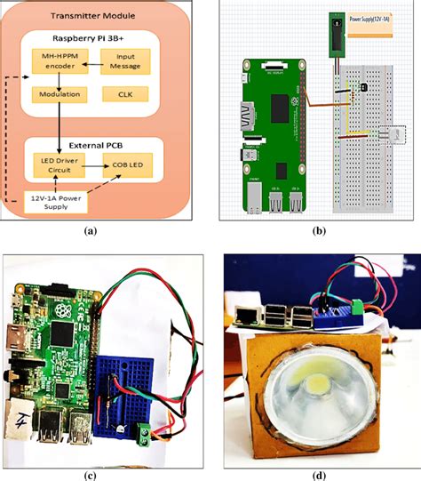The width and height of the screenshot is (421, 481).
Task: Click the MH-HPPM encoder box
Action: tap(59, 61)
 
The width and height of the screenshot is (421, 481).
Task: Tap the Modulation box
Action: tap(59, 93)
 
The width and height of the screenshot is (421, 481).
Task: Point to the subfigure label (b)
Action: tap(317, 229)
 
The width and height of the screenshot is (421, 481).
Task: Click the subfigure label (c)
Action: tap(89, 473)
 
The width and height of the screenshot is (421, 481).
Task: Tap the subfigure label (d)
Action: tap(317, 473)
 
